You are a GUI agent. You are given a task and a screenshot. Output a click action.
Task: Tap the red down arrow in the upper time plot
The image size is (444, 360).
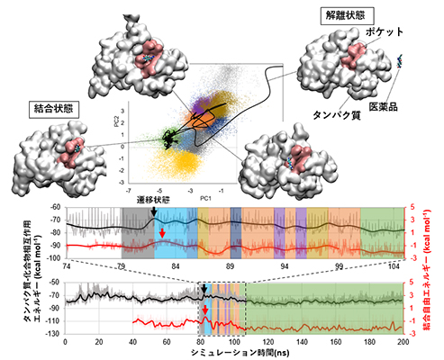point(162,234)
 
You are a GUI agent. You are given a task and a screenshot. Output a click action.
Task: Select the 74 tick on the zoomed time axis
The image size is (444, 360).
point(68,268)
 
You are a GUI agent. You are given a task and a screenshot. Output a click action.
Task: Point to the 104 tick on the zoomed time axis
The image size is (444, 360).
point(393,268)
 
